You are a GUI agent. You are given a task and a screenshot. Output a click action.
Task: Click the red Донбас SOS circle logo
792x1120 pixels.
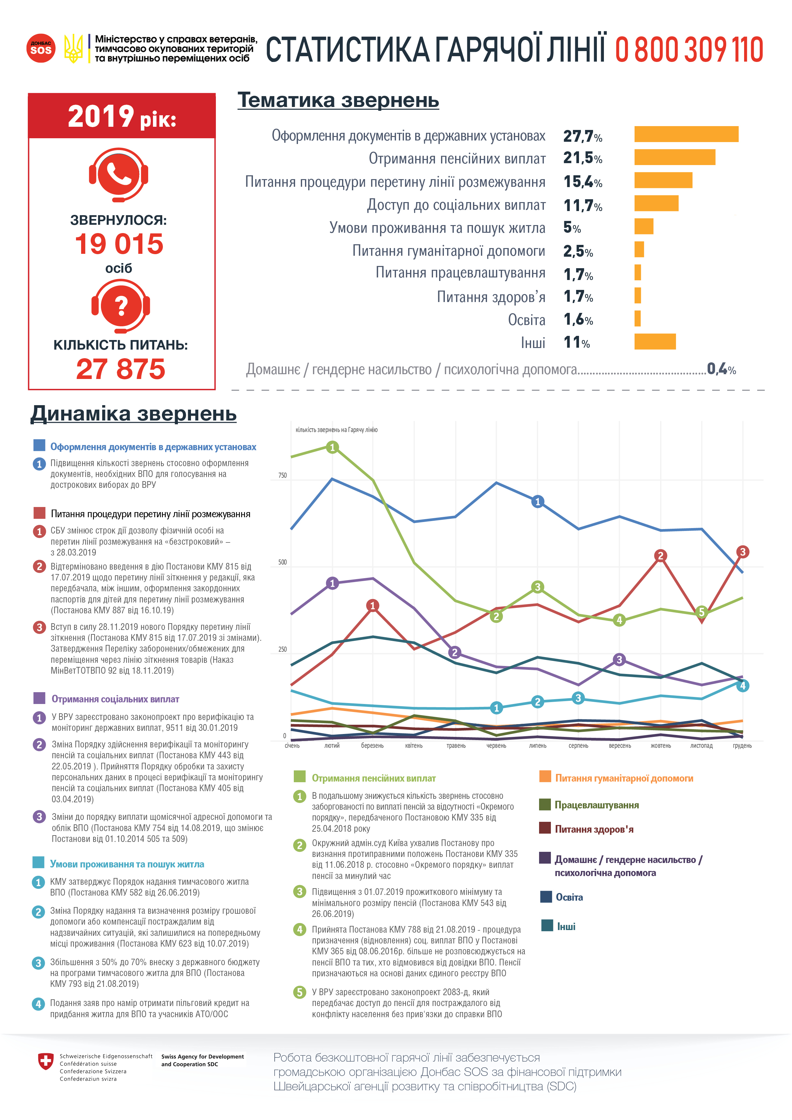(x=41, y=48)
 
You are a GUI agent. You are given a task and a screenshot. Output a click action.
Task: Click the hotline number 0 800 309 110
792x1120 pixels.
(x=689, y=50)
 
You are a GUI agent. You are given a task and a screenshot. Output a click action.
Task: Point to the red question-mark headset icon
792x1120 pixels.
(x=120, y=306)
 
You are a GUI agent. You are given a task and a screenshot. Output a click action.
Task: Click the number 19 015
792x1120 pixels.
(x=119, y=244)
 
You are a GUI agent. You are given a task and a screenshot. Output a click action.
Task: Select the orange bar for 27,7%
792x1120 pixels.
(x=686, y=134)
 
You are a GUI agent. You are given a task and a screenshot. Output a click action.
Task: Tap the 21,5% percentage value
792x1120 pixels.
(x=582, y=158)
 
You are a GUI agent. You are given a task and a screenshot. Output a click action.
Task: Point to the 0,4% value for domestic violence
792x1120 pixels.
(x=721, y=369)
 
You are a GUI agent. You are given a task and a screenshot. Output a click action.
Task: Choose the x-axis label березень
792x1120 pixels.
(x=372, y=746)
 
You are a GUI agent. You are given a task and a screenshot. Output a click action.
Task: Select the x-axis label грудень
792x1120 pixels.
(x=742, y=746)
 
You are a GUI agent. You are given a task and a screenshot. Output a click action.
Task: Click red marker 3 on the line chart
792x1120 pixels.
(x=742, y=552)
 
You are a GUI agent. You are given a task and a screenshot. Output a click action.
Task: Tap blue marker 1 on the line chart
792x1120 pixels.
(x=537, y=502)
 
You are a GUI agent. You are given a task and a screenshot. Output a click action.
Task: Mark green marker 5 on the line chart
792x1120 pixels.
(x=701, y=612)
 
